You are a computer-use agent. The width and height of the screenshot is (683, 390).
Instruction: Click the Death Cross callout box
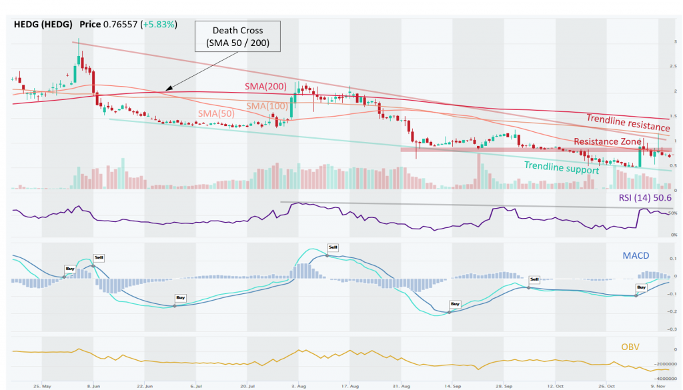coord(237,37)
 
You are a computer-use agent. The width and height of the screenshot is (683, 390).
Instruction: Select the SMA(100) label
coord(269,107)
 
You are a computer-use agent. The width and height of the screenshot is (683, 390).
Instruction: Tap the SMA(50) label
coord(215,115)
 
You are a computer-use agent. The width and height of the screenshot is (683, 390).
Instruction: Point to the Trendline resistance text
coord(628,123)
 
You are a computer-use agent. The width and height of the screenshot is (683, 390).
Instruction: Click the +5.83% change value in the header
coord(157,24)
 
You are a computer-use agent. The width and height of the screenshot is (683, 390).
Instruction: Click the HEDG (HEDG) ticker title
coord(43,24)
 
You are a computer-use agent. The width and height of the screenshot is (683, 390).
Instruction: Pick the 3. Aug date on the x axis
coord(299,385)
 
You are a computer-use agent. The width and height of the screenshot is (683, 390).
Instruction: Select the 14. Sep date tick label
coord(454,385)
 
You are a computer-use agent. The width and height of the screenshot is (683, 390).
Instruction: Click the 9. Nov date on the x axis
coord(659,385)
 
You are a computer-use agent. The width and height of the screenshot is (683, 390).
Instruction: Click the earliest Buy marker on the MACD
coord(69,269)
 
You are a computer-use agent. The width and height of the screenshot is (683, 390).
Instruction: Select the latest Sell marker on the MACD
coord(534,279)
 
